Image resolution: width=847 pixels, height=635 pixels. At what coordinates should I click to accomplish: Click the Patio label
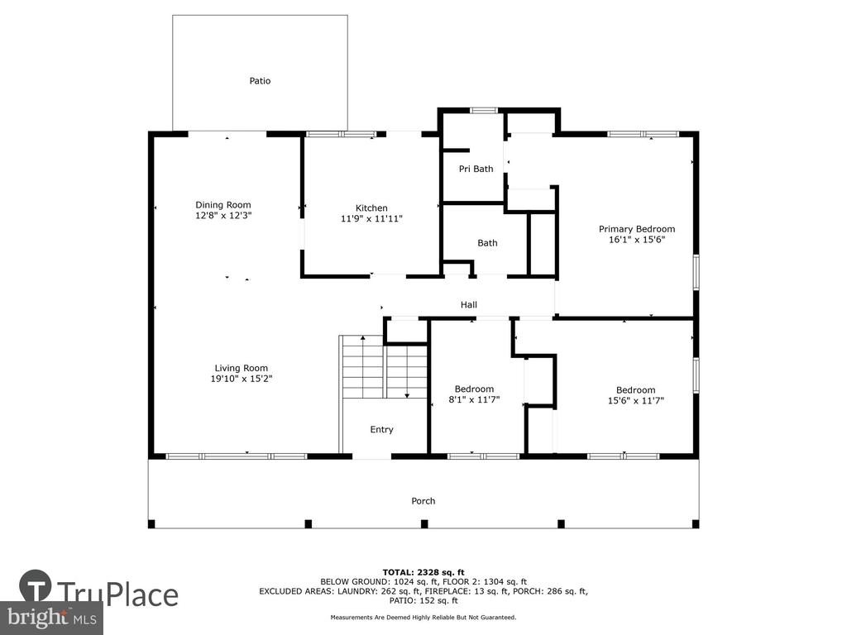click(x=260, y=81)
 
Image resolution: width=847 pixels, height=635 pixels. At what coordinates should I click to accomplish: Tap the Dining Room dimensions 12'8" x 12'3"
click(x=223, y=216)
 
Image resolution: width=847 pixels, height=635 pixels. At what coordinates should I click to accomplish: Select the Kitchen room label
click(x=371, y=208)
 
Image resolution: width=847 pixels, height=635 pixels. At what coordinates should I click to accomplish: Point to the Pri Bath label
click(x=476, y=169)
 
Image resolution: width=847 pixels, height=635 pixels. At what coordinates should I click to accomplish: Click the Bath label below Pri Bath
click(x=487, y=243)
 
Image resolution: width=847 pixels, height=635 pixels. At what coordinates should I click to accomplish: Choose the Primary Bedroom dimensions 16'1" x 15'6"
click(x=636, y=240)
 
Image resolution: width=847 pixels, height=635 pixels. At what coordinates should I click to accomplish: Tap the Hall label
click(x=469, y=305)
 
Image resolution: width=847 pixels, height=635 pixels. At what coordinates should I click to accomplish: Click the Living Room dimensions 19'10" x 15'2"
click(x=241, y=379)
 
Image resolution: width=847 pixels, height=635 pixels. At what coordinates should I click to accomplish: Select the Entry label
click(x=381, y=430)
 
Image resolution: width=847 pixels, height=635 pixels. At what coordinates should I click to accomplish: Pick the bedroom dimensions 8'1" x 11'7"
click(x=474, y=400)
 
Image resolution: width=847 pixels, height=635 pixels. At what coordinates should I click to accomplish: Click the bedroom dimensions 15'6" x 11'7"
click(x=636, y=401)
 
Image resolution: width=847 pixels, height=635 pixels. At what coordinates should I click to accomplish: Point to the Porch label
click(x=423, y=501)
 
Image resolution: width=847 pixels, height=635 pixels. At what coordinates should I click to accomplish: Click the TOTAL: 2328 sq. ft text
click(x=423, y=572)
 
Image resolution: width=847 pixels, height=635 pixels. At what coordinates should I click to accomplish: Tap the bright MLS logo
click(x=52, y=617)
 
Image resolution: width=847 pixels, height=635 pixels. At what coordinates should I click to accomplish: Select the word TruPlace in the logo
click(x=118, y=594)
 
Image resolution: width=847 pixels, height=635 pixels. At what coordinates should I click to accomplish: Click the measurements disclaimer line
click(x=423, y=617)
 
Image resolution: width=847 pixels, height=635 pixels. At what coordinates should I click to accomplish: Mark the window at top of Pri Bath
click(x=483, y=111)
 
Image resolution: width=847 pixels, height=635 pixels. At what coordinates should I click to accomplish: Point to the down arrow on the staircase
click(x=407, y=372)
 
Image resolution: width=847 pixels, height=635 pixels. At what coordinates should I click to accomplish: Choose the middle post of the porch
click(x=424, y=523)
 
